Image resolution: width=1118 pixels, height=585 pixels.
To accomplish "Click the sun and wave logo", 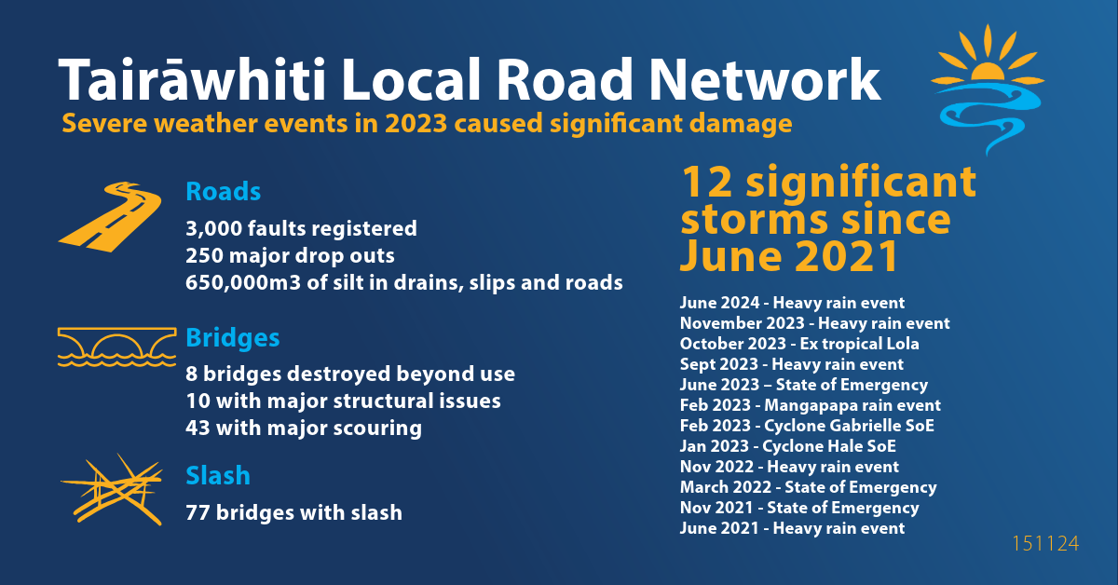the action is click(x=988, y=89).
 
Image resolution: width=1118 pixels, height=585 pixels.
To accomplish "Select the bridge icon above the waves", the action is click(x=116, y=347).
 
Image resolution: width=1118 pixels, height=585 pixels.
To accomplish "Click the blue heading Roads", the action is click(x=223, y=192).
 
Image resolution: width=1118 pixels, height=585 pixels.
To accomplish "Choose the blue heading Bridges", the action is click(x=233, y=338).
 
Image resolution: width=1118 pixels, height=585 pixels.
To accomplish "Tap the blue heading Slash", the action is click(x=218, y=475).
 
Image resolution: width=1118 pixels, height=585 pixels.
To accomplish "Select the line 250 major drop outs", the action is click(x=290, y=255).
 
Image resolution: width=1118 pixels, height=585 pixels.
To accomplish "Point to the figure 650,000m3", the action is click(x=243, y=283).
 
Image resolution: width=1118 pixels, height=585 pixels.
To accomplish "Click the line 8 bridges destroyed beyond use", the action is click(x=350, y=374).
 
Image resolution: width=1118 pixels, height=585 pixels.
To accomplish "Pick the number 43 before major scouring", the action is click(x=198, y=429).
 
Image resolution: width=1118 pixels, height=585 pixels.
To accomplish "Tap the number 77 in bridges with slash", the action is click(x=198, y=512).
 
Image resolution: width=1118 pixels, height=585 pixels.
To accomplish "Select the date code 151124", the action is click(x=1045, y=544).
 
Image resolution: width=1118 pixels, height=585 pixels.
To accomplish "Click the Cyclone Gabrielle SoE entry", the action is click(x=807, y=426).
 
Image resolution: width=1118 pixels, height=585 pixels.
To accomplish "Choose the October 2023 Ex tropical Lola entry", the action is click(x=799, y=344).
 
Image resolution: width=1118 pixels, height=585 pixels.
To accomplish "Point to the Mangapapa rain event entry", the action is click(x=810, y=405).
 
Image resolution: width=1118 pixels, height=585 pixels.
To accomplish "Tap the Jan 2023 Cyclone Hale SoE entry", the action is click(x=787, y=446).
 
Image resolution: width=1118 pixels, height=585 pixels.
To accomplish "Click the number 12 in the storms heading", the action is click(x=707, y=183).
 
